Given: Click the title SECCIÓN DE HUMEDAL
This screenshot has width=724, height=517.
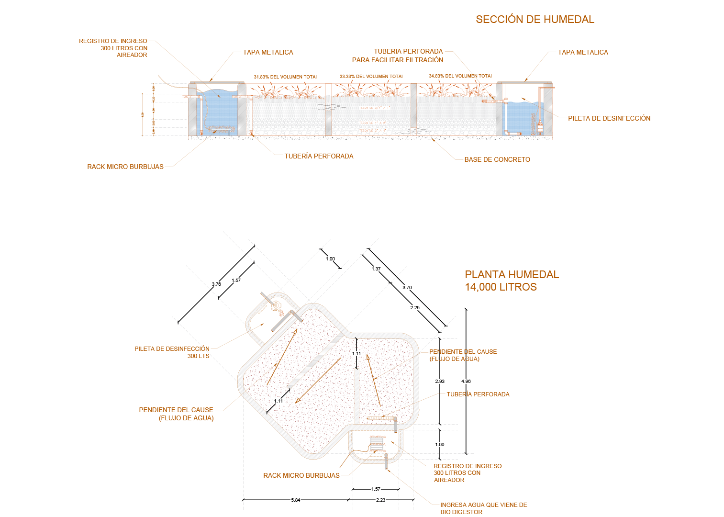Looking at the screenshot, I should pos(535,20).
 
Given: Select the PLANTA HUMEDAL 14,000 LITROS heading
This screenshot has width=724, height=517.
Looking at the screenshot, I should pos(512,281).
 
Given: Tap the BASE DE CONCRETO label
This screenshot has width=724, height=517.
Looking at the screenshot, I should pos(497,160).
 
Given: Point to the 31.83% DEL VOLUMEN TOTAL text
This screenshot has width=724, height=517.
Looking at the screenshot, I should pos(285,77).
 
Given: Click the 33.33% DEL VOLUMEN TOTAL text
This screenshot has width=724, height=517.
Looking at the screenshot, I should pos(371,77).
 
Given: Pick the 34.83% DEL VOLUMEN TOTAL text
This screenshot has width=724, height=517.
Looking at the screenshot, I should pos(460,76).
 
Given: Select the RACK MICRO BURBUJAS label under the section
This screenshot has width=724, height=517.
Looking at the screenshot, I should pos(125,167).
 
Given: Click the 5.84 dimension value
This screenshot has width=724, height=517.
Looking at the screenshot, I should pos(296,500).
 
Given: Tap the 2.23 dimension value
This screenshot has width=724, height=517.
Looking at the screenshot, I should pos(380,500).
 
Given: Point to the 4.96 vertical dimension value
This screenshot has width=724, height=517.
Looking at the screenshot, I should pos(466,382).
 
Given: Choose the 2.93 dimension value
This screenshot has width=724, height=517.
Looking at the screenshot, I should pos(440,382).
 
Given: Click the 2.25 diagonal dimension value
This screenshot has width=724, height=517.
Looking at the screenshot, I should pos(415,308).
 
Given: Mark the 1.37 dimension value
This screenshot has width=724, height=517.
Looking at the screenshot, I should pos(376,269).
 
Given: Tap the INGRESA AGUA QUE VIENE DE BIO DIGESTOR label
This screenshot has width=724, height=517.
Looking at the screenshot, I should pos(483,508).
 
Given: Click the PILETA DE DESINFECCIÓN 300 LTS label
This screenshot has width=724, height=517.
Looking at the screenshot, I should pos(172,352).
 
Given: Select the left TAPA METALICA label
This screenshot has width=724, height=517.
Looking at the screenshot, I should pos(268,53).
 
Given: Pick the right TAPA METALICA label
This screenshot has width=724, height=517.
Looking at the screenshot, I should pos(583,53).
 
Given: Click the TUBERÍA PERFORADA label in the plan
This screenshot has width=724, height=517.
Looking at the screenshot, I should pos(478,394).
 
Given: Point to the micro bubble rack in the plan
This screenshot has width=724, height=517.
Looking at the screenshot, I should pos(378,444).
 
